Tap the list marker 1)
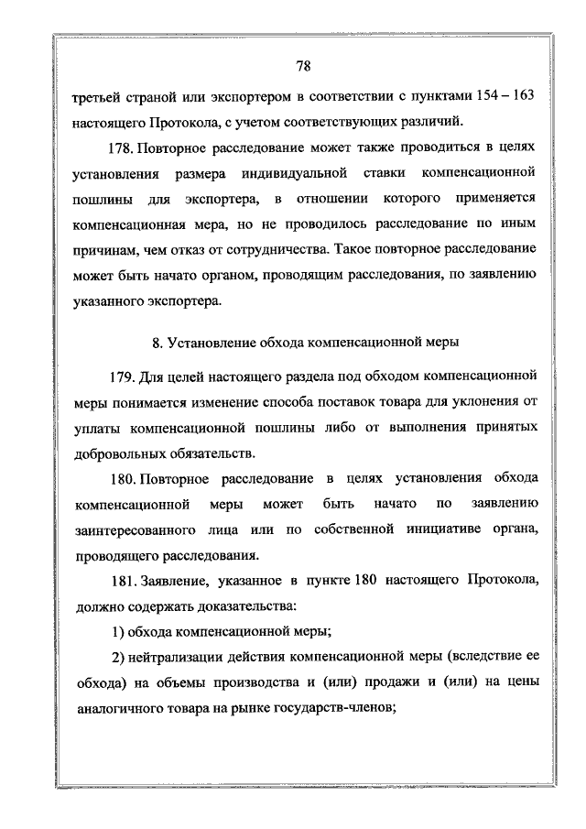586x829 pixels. click(117, 632)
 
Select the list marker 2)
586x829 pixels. click(117, 658)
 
